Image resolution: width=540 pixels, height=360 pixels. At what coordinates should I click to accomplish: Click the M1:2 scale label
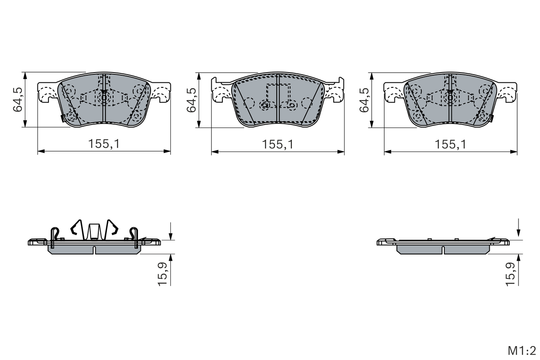[522, 351]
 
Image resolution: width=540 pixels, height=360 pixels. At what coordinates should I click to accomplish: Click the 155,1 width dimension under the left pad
[104, 144]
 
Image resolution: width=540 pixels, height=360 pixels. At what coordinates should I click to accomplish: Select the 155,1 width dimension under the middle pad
[278, 144]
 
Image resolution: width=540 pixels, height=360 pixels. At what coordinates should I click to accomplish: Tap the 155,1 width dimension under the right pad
[450, 144]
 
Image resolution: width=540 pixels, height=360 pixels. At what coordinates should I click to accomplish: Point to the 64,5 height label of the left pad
[18, 100]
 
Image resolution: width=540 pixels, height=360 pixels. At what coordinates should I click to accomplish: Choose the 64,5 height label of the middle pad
[192, 100]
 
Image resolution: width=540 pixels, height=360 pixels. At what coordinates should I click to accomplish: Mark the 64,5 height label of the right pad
[364, 100]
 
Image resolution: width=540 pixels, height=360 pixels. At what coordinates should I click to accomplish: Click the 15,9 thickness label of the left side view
[162, 274]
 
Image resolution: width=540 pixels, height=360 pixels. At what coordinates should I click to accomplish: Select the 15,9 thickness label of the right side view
[510, 274]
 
